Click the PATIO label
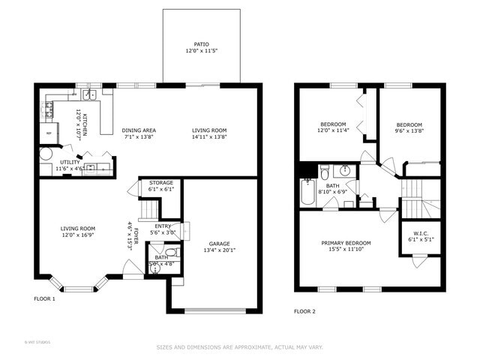(202, 45)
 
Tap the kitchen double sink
(89, 95)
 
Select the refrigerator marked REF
(49, 133)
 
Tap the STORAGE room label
(161, 182)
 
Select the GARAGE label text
(220, 244)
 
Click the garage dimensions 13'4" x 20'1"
(220, 251)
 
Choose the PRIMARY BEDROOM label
(346, 243)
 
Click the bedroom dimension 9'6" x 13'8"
(409, 130)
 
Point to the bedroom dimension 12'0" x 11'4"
(333, 130)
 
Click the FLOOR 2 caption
(305, 311)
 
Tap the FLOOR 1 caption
(44, 298)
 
